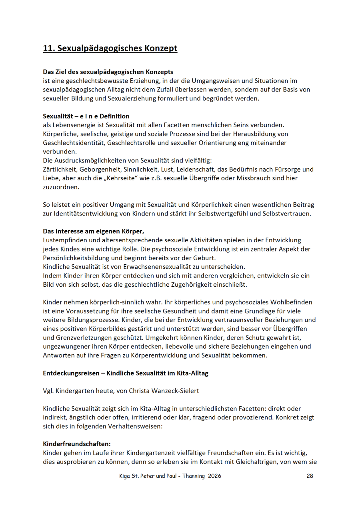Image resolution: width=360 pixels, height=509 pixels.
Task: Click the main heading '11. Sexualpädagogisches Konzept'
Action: pyautogui.click(x=110, y=48)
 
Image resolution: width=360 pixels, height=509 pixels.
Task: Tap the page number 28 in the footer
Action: pyautogui.click(x=310, y=476)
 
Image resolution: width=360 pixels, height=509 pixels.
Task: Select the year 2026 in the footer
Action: pyautogui.click(x=214, y=476)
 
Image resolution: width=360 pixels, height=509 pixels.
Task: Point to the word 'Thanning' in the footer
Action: pyautogui.click(x=193, y=476)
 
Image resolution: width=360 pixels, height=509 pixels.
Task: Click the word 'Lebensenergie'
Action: pyautogui.click(x=71, y=125)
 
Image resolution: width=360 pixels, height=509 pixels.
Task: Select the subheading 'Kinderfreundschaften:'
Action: pyautogui.click(x=77, y=444)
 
